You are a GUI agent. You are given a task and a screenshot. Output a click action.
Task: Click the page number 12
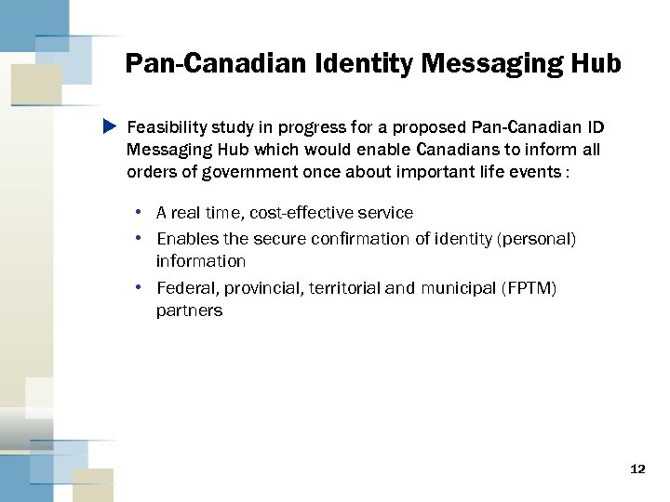point(637,469)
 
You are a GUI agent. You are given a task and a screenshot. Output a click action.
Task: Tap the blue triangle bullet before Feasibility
point(109,125)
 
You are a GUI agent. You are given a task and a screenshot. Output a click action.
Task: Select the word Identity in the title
point(362,64)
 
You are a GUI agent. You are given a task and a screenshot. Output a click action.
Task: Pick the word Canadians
point(457,149)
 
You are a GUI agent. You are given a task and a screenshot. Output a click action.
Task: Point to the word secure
point(275,240)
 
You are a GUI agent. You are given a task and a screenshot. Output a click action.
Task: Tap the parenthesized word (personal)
point(538,240)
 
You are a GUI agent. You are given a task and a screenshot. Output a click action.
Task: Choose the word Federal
point(184,288)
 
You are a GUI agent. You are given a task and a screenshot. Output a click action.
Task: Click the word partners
point(189,310)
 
